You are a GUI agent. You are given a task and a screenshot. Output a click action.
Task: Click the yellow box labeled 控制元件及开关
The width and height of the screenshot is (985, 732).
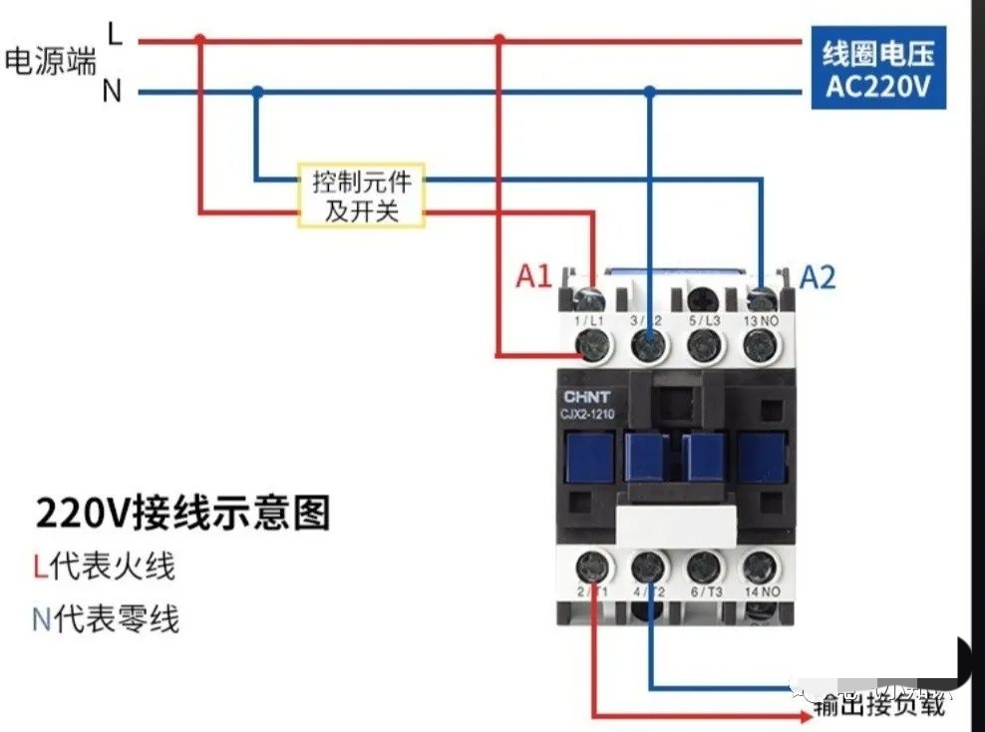coord(361,195)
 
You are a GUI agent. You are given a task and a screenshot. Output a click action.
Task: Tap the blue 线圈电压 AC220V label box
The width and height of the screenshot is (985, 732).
coord(877,68)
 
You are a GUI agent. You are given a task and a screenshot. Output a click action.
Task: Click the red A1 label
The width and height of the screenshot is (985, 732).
coord(534,275)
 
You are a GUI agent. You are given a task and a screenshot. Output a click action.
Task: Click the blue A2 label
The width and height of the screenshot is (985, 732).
coord(817,276)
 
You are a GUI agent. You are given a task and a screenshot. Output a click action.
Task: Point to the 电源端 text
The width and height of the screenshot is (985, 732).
coord(50,62)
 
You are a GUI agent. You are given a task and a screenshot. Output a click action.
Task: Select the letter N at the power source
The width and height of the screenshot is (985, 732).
coord(112,92)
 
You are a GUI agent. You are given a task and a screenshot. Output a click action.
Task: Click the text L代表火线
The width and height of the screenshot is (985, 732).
coord(104,566)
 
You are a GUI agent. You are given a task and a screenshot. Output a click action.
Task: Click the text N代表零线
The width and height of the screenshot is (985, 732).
coord(106,619)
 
